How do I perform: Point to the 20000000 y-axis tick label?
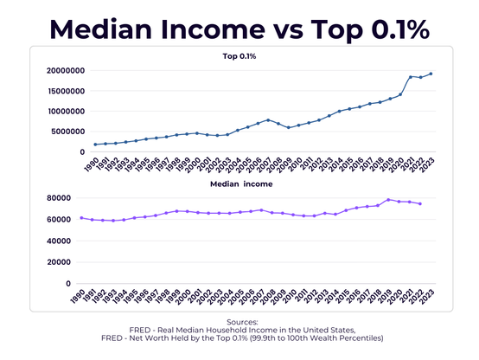[x=63, y=71]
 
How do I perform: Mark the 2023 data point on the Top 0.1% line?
[x=431, y=74]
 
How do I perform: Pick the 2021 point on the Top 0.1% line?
[x=411, y=77]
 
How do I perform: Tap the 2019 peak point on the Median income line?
[x=389, y=200]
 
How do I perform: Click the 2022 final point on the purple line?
[x=420, y=204]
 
